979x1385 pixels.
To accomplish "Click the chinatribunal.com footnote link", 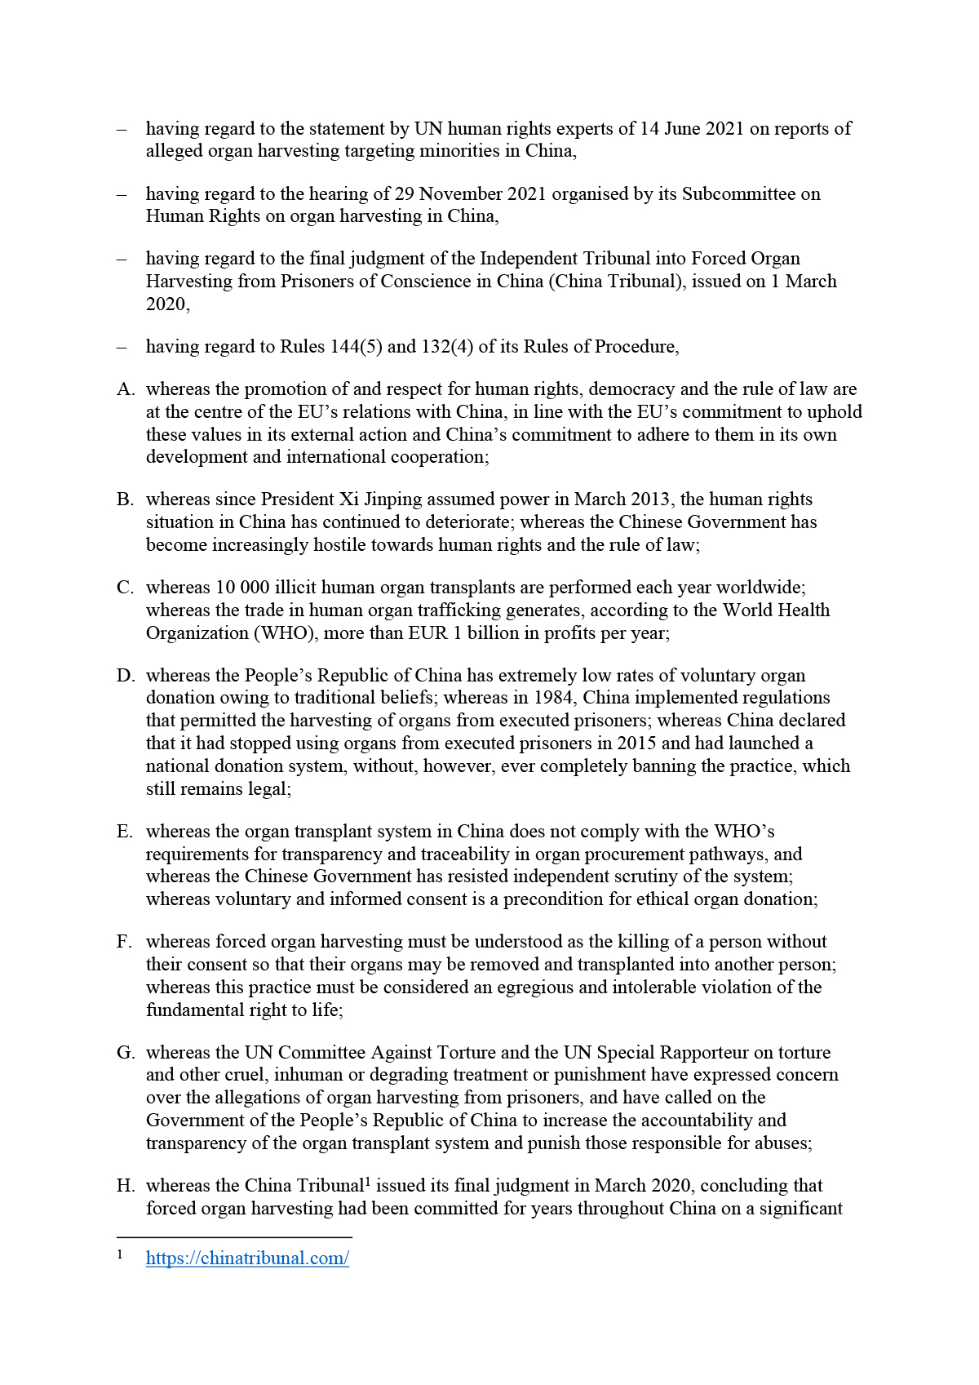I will click(247, 1258).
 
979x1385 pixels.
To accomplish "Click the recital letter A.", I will click(126, 389).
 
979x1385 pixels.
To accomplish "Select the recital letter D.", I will click(126, 676).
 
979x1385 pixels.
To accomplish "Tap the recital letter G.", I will click(126, 1053).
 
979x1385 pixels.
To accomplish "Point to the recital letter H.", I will click(126, 1186).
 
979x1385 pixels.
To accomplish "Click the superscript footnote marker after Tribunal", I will click(368, 1181).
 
